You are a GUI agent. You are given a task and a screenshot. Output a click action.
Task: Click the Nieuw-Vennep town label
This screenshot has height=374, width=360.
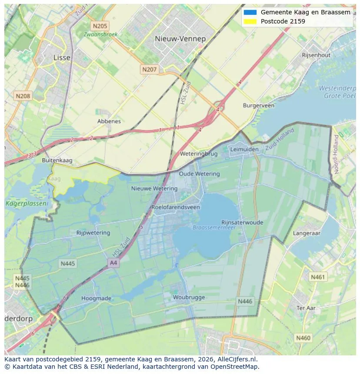coord(180,39)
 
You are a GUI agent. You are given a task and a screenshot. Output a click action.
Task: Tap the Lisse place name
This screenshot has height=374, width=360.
coord(62,57)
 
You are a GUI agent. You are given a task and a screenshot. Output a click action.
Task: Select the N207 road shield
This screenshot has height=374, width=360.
coord(149,69)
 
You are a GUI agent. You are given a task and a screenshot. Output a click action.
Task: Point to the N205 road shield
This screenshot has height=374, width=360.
coord(100,26)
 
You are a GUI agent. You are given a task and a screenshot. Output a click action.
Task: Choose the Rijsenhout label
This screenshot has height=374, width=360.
coord(316,55)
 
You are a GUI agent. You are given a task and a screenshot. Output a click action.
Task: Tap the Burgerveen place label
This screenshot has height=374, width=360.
coord(258,106)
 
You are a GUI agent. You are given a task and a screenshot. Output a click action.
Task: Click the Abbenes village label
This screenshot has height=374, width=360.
coord(109,121)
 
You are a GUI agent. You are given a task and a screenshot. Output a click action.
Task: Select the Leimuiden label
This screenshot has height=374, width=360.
coord(244,149)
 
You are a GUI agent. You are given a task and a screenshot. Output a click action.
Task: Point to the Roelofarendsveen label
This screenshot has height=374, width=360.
coord(176,207)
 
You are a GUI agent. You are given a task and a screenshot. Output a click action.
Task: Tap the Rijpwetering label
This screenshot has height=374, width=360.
coord(93,233)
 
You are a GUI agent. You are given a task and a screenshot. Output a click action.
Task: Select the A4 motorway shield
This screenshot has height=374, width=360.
coord(113,263)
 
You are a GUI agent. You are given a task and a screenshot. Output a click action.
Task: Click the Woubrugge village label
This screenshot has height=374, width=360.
coord(188,298)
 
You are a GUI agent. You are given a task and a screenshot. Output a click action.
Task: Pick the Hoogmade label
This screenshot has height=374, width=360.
coord(96,298)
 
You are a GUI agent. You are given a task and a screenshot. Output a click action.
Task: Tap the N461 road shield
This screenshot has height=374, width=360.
coord(317,277)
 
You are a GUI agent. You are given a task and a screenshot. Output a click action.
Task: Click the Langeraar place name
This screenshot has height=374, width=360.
coord(307,233)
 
